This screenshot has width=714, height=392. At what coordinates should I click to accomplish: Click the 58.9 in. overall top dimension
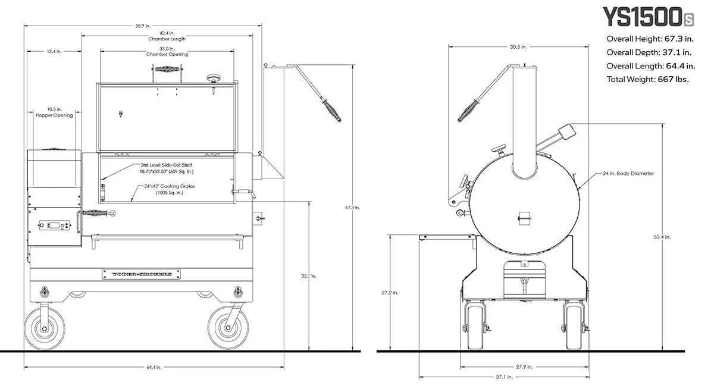coord(143,26)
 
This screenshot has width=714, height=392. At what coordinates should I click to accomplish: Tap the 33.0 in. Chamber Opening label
coord(167,52)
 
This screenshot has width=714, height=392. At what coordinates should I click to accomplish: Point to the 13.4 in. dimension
coord(54,52)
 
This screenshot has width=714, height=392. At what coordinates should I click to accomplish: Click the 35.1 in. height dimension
coord(309,276)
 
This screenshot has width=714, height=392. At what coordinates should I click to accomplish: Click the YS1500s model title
coord(647,18)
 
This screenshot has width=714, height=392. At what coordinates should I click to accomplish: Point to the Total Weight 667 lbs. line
coord(647,79)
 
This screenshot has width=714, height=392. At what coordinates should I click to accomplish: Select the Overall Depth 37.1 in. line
coord(647,52)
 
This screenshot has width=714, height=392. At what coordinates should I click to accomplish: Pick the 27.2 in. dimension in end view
coord(390,293)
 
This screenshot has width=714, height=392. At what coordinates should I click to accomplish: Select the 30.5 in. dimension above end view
coord(518,46)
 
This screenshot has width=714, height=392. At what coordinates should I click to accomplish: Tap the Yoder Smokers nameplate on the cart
coord(141,274)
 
